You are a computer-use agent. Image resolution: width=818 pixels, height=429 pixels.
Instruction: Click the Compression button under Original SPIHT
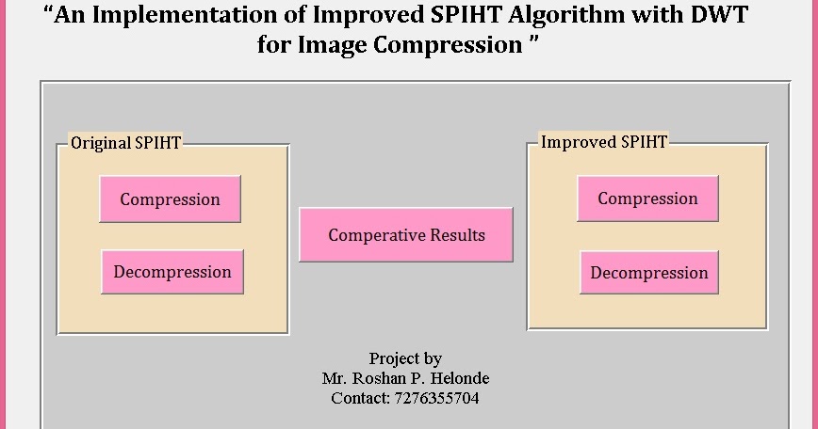tap(170, 199)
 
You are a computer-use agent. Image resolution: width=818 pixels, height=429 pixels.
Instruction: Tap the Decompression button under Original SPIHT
tap(172, 272)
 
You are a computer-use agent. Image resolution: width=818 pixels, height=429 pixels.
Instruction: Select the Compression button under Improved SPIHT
tap(647, 199)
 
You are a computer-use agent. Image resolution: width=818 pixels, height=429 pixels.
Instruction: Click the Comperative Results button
tap(406, 235)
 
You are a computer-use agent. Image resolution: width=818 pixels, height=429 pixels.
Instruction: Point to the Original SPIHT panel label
tap(126, 143)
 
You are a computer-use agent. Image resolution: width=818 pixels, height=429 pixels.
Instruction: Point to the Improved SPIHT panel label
tap(603, 142)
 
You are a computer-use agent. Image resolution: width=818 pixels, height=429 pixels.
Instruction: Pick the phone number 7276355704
tap(434, 398)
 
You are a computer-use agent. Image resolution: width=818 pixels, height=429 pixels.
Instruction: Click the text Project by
tap(405, 358)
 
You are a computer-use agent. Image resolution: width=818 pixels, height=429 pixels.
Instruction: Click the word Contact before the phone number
tap(358, 398)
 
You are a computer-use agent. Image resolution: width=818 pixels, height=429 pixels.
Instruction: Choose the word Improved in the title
tap(369, 16)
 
